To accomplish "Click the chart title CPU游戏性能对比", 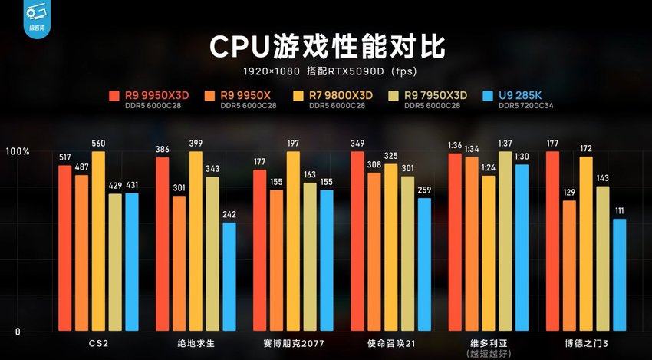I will [326, 45].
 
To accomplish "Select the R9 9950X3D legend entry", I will [150, 94].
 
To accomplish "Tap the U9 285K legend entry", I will [519, 94].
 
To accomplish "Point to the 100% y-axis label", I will [17, 152].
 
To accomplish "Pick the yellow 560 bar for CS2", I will [99, 241].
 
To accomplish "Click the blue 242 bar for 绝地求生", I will [229, 277].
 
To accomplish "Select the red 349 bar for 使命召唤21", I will [357, 241].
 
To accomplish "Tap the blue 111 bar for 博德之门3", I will [619, 275].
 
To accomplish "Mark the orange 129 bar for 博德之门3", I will [569, 266].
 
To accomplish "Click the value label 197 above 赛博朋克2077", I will [293, 144].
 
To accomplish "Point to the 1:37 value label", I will [504, 144].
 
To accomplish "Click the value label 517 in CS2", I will [64, 157].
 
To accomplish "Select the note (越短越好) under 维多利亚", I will [488, 354].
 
